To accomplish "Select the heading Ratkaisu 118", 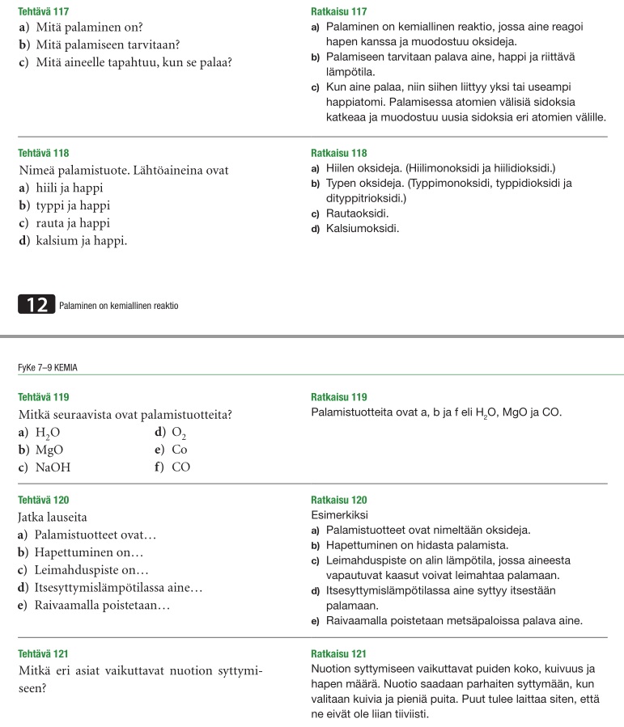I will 339,153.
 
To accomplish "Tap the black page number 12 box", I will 36,305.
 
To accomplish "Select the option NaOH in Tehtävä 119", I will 53,467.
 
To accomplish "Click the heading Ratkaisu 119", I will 339,397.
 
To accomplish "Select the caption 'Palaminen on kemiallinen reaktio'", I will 119,306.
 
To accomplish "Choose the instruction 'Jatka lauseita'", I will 52,516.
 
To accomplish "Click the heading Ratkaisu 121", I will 339,653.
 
